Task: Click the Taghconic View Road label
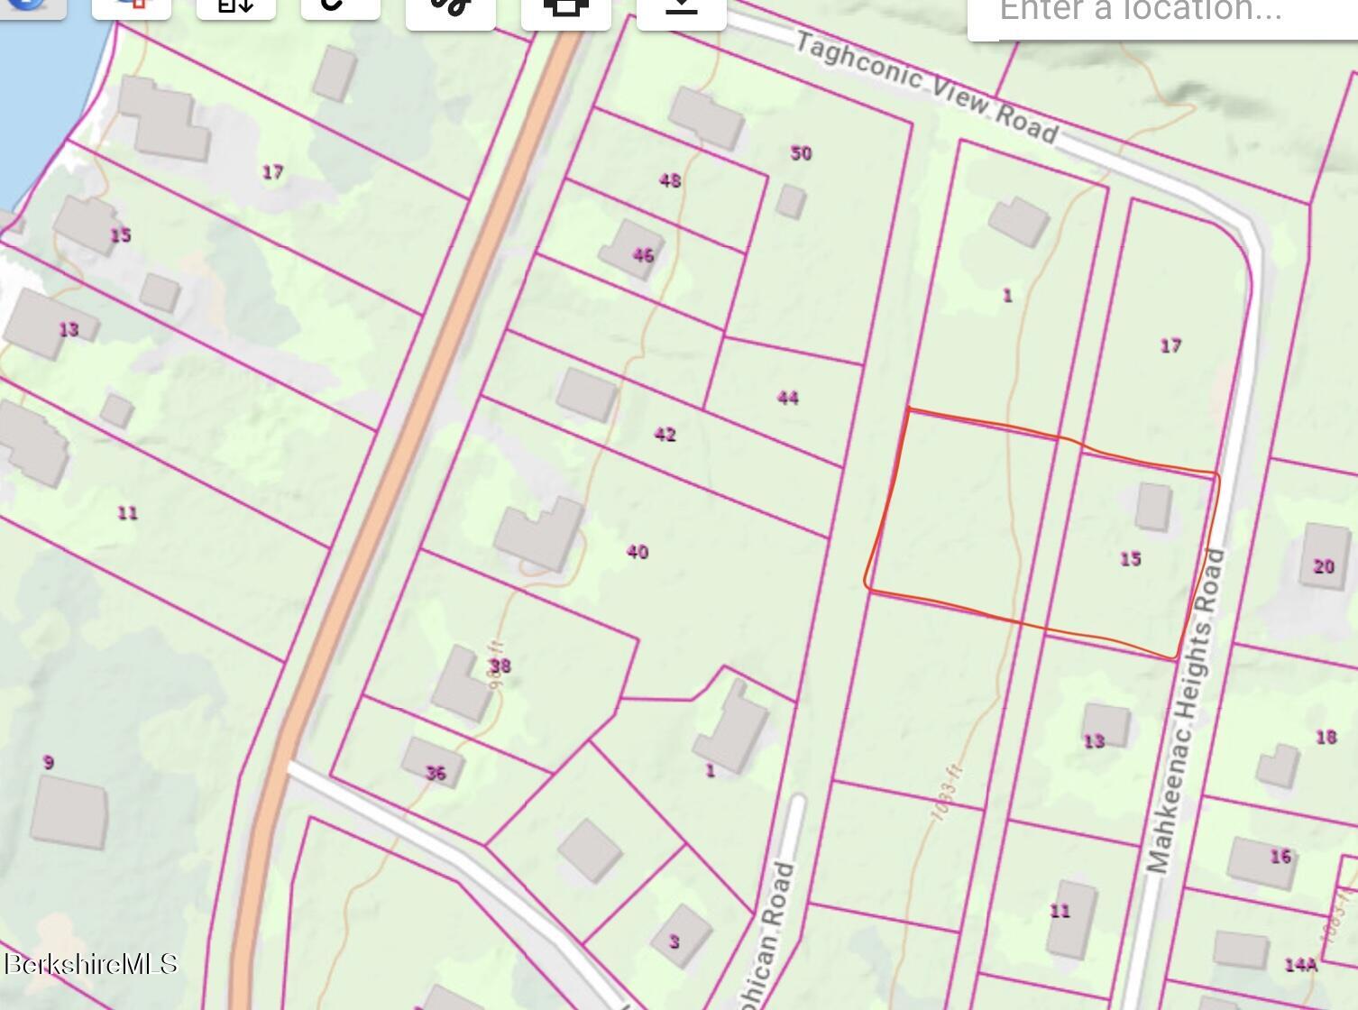coord(927,88)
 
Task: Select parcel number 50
coord(801,153)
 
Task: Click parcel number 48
coord(670,180)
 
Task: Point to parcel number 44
coord(787,398)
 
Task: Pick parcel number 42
coord(665,435)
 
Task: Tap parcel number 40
coord(637,552)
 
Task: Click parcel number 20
coord(1323,566)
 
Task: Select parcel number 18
coord(1325,737)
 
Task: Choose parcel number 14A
coord(1300,965)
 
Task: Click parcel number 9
coord(48,762)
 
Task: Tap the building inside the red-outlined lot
coord(1152,506)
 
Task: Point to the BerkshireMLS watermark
coord(90,964)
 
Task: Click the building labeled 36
coord(433,763)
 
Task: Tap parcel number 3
coord(674,941)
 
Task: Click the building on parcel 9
coord(69,813)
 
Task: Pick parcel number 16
coord(1280,856)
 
